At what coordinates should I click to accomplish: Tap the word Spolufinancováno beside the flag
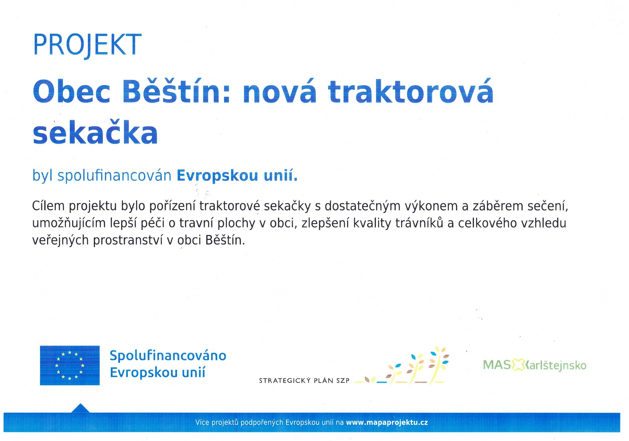[x=168, y=356]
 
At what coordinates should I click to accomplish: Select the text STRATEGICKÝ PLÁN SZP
[x=304, y=380]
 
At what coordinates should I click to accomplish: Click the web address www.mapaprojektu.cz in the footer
[x=387, y=422]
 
